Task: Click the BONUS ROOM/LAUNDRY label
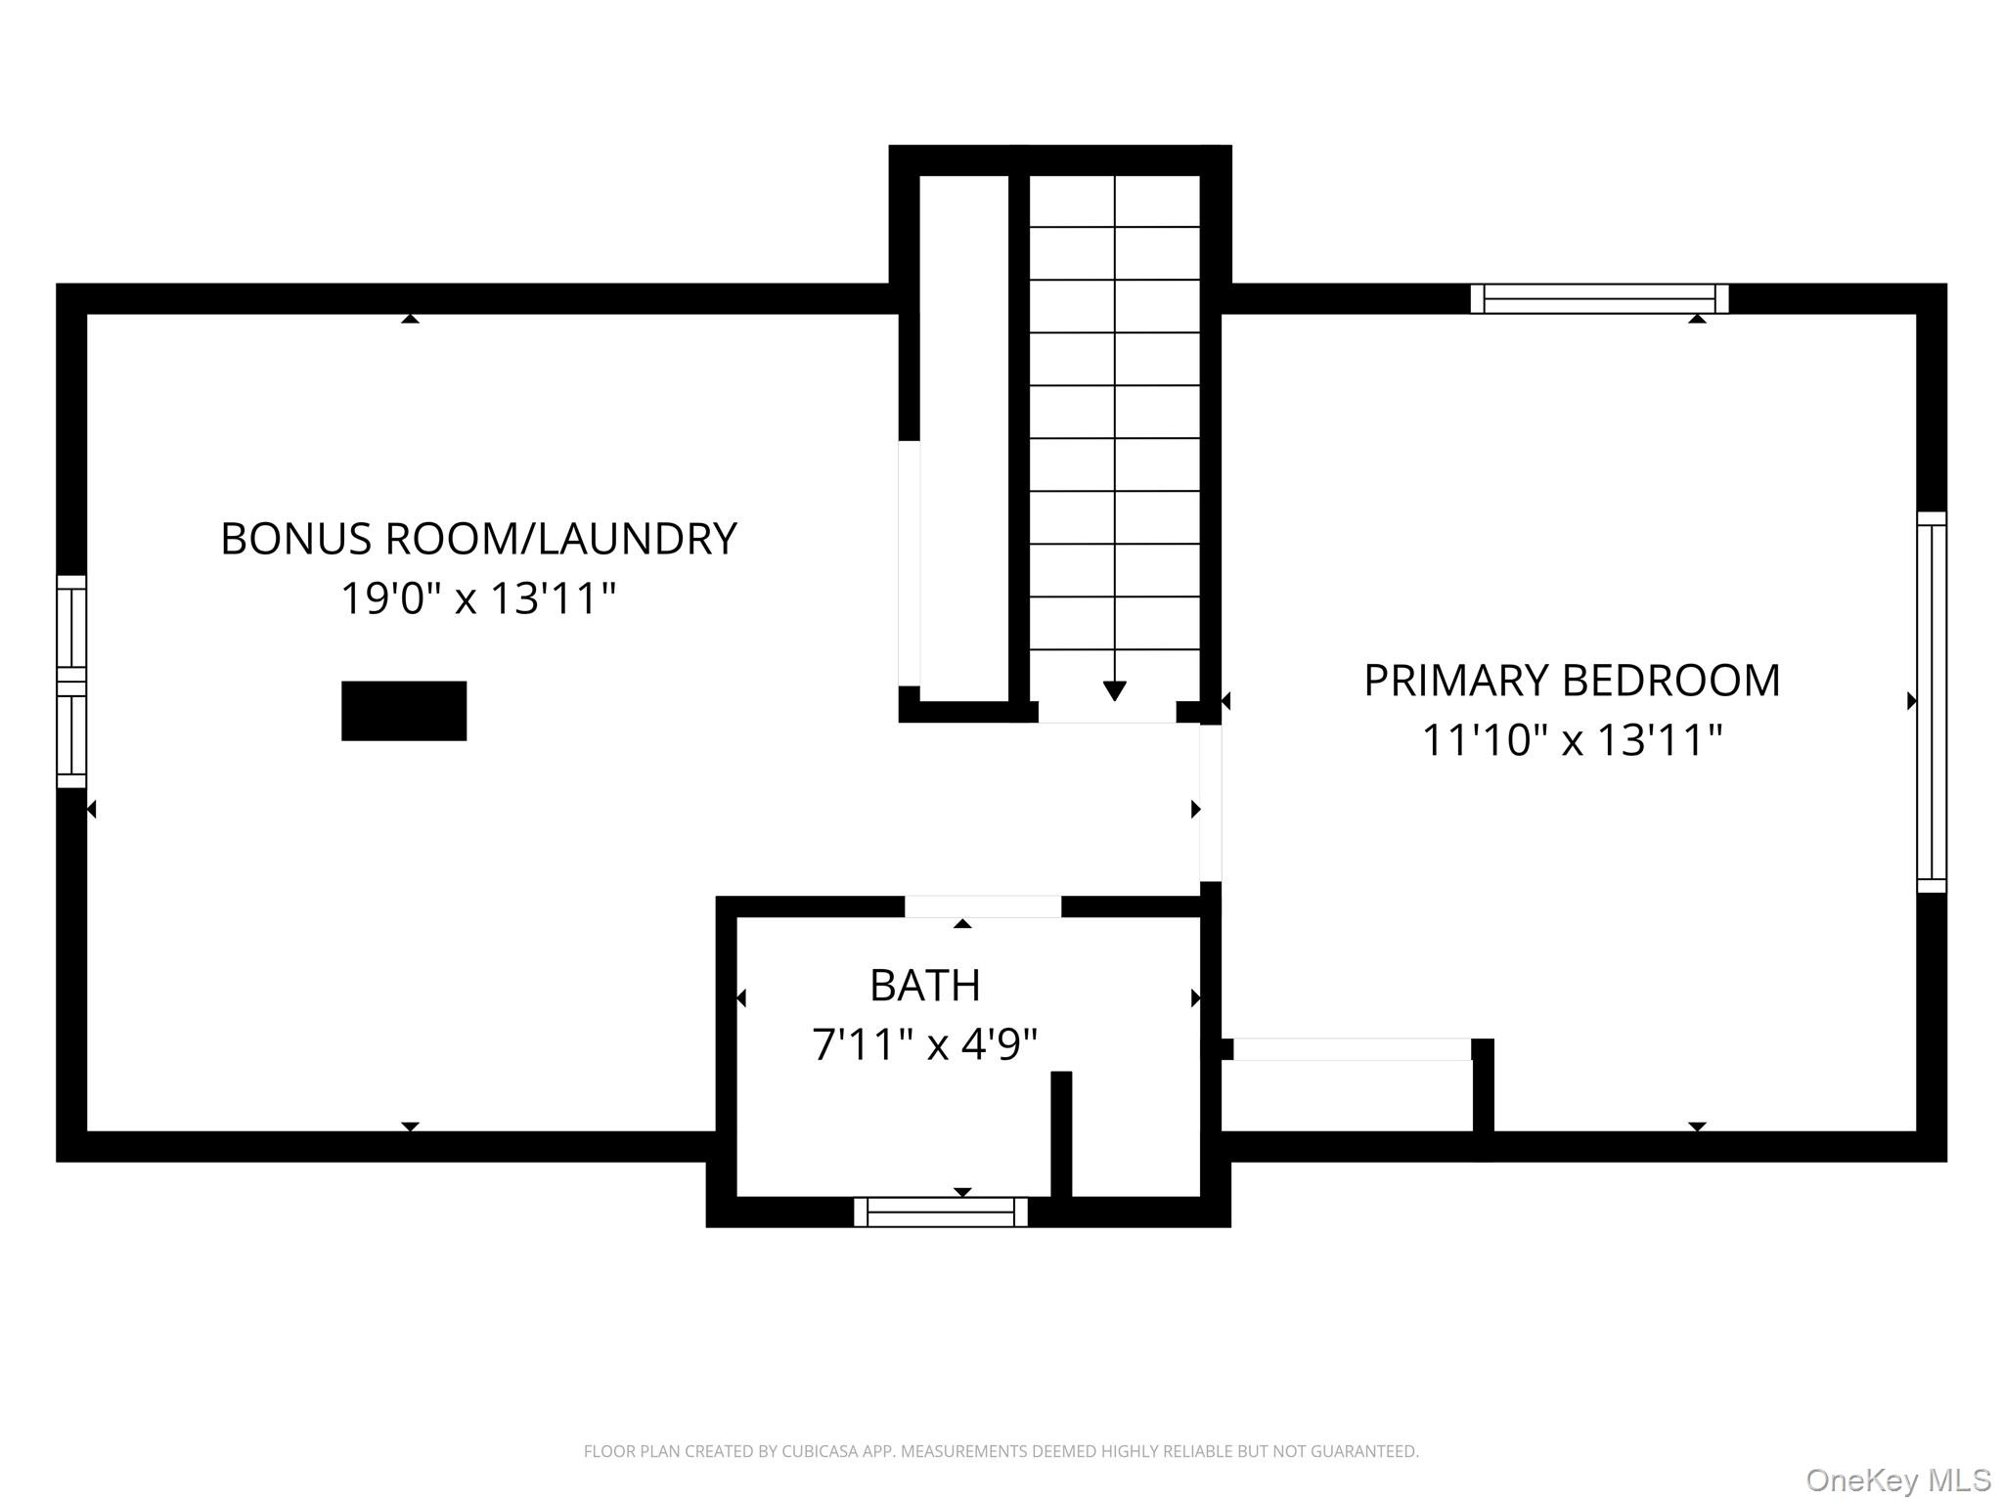click(478, 539)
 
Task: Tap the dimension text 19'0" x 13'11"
click(478, 598)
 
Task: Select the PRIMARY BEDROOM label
click(1572, 681)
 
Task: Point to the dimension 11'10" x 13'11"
click(1572, 740)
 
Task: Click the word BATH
click(924, 985)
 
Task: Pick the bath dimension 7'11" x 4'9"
click(924, 1044)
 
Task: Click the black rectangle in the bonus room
click(403, 711)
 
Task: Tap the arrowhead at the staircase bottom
click(1114, 690)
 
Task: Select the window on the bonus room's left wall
click(71, 682)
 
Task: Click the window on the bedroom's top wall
click(1599, 298)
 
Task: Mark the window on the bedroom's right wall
click(1931, 701)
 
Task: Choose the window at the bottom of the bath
click(941, 1212)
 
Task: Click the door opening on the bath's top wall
click(982, 906)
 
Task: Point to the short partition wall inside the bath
click(1061, 1134)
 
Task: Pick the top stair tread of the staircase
click(1114, 201)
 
